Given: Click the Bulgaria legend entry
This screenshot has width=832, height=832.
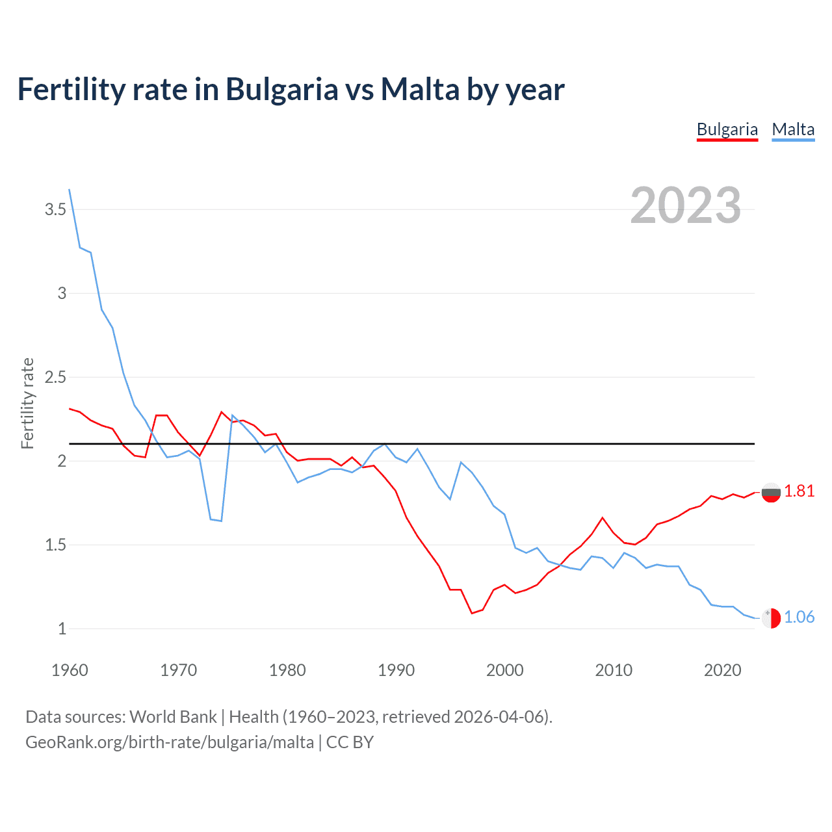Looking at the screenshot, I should point(727,129).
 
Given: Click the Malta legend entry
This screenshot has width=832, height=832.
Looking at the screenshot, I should point(793,129).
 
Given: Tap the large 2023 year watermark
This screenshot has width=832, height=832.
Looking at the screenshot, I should point(685,205).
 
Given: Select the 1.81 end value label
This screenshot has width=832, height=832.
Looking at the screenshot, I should point(799,491).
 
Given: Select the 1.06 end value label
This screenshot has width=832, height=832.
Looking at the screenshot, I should point(799,617).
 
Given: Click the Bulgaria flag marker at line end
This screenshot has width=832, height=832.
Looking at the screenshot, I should point(771,493).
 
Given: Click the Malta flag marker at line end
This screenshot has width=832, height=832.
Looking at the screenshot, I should point(771,618).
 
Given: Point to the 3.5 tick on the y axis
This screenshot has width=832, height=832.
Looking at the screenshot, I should point(55,209).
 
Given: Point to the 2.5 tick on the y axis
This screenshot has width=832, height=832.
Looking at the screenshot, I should point(55,377).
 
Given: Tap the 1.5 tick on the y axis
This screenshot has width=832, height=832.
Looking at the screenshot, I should point(55,545).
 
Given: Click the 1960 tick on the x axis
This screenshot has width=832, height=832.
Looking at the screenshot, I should point(70,670).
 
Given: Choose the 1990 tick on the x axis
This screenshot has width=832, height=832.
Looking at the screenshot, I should point(396,670).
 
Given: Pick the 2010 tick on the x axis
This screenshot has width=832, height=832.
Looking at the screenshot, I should point(614,670).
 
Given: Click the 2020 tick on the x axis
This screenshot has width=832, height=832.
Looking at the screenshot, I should point(722,670).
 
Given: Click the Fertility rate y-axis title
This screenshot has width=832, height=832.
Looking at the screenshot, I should point(27,403).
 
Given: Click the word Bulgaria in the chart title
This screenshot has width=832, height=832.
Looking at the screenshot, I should point(281,89).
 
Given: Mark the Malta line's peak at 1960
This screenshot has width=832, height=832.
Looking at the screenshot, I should point(70,189).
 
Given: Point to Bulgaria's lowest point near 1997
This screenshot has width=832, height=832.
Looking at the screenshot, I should point(472,613).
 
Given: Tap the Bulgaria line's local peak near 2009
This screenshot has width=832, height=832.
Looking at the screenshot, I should point(603,517).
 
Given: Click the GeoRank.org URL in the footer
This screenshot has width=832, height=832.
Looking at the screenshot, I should point(169,742).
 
